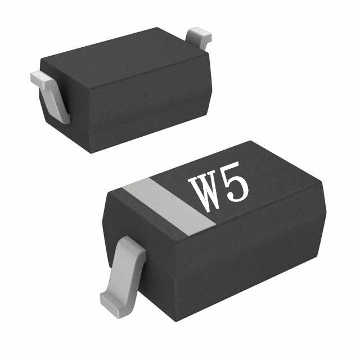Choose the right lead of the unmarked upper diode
(199, 37)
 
